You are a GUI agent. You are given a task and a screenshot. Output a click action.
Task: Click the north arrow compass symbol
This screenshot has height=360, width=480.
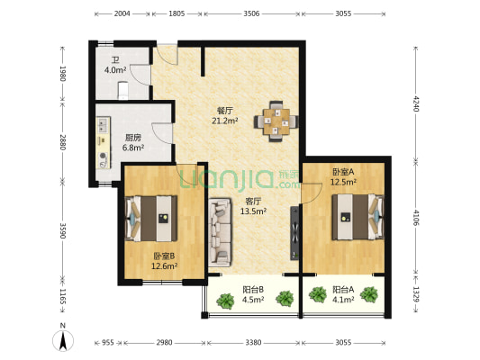(63, 340)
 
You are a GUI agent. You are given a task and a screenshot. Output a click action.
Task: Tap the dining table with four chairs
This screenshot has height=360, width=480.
(276, 121)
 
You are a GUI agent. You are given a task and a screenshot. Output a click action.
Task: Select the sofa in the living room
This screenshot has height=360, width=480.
(220, 231)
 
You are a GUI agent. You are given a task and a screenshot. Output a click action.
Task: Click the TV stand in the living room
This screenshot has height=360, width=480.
(294, 233)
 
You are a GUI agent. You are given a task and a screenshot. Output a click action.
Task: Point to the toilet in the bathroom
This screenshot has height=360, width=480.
(123, 90)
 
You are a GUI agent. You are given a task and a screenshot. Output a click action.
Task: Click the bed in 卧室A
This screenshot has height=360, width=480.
(358, 217)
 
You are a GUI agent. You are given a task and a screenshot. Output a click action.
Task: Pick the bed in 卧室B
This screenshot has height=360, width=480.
(151, 219)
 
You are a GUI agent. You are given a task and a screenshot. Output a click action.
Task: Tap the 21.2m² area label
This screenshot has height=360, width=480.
(225, 121)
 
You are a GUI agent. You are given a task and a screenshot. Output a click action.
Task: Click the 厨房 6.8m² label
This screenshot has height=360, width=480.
(133, 143)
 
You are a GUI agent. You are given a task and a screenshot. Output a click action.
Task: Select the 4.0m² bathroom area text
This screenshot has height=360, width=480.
(115, 70)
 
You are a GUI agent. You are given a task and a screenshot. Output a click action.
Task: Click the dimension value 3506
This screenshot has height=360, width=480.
(251, 13)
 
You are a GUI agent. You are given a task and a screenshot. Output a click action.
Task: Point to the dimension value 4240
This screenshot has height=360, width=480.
(415, 103)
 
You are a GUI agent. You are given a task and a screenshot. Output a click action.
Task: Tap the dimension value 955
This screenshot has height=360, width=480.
(108, 343)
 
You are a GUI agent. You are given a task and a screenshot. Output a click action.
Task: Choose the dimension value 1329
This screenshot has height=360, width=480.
(415, 294)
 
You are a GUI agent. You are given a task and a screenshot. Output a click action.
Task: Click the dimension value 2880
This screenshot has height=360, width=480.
(63, 142)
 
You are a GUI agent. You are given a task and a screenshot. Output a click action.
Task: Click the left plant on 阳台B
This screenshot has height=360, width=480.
(226, 301)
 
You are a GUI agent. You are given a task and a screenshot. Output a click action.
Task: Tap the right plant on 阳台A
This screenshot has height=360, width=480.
(368, 294)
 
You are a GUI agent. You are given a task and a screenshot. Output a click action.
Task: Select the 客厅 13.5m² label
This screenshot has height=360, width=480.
(253, 206)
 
